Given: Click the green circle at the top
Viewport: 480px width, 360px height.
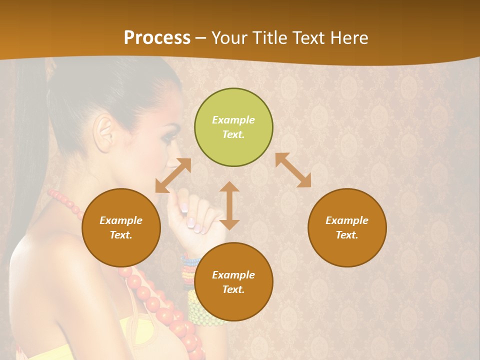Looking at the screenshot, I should [233, 127].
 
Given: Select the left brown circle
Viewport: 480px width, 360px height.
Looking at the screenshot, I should [121, 227].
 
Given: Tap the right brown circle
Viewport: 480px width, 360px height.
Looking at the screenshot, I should [347, 227].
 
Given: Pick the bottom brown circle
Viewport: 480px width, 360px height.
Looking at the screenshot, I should [233, 282].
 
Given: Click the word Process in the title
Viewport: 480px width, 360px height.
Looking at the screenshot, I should [157, 38].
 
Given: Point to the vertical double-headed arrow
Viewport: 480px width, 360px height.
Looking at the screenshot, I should [229, 205].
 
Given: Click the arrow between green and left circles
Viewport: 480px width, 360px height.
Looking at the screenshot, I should [173, 175].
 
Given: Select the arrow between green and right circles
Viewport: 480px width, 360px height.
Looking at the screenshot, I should [293, 170].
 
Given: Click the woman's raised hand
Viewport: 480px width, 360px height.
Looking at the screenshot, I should [192, 215].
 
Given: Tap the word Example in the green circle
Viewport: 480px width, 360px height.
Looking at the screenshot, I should [233, 120].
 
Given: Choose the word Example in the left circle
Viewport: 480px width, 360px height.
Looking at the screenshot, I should [121, 220].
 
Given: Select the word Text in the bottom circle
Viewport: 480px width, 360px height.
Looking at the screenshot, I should [232, 289].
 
